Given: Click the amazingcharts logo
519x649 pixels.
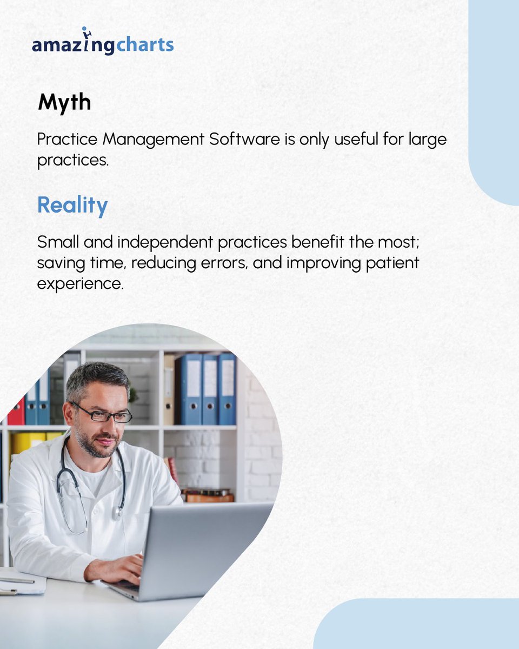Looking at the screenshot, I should [103, 45].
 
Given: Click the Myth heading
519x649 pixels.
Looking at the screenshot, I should [64, 103].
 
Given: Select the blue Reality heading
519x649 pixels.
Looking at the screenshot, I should [72, 206].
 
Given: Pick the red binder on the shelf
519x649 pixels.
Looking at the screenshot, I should [16, 411].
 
